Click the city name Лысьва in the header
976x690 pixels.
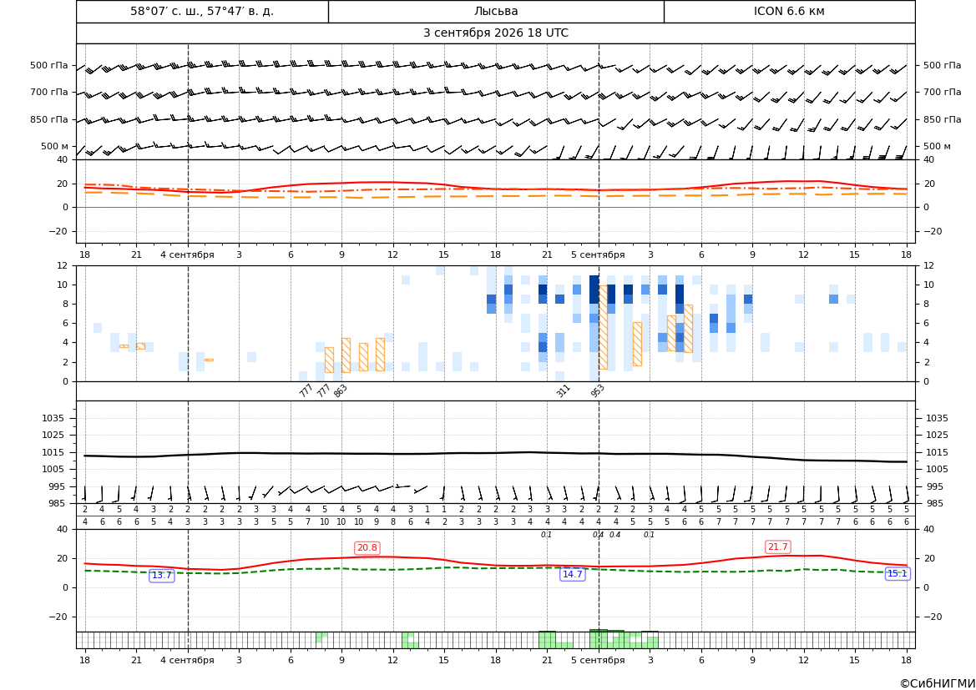coord(495,11)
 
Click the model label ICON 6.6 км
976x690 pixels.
coord(789,11)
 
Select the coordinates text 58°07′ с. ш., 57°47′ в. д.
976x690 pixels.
coord(202,11)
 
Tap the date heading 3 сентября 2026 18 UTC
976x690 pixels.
coord(495,33)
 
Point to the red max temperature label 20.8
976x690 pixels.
coord(367,547)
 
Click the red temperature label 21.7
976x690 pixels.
coord(777,546)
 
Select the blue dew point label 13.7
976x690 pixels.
coord(161,576)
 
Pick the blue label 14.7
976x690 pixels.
coord(572,574)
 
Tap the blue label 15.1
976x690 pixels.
coord(897,574)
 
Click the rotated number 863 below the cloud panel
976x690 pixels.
coord(340,390)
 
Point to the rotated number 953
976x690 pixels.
coord(597,390)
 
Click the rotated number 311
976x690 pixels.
coord(563,390)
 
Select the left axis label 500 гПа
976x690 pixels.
coord(49,65)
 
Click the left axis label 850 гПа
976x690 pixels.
coord(49,119)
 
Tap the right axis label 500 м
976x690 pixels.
coord(937,146)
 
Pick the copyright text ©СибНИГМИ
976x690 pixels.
coord(938,683)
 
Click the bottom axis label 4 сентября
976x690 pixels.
coord(187,660)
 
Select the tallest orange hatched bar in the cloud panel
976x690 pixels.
coord(603,327)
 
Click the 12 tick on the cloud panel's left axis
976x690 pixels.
coord(63,265)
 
